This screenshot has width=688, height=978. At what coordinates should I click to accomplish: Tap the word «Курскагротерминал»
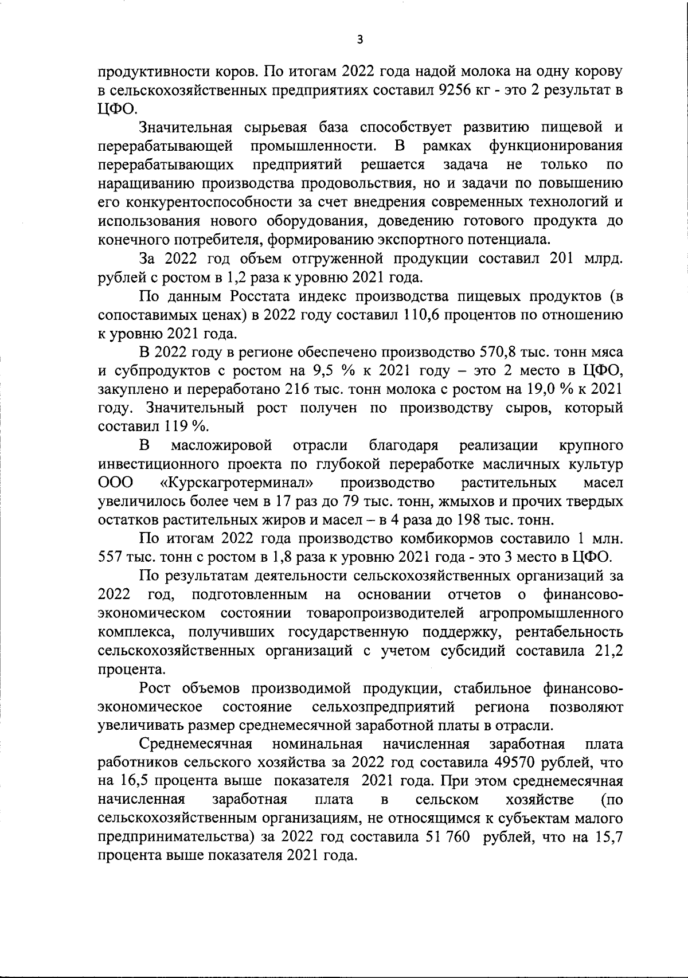241,483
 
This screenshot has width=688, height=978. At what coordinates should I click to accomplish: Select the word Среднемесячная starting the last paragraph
197,744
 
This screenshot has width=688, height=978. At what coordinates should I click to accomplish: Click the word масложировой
222,445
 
